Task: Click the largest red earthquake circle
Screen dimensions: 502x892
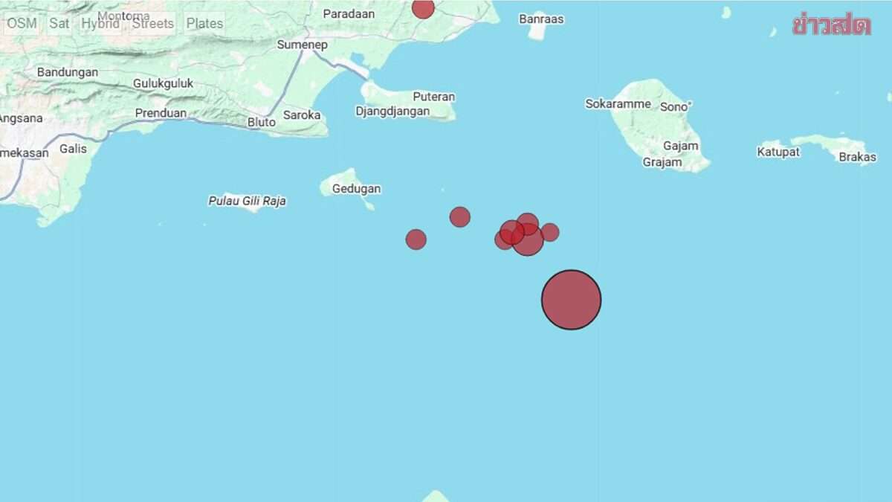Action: [x=571, y=300]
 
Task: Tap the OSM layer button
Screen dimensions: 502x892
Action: [x=22, y=23]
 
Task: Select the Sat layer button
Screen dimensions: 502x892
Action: [x=59, y=23]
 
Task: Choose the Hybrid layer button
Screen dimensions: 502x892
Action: [x=100, y=23]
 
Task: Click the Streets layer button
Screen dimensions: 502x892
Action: [x=152, y=23]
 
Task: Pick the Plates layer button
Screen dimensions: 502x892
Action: [x=204, y=23]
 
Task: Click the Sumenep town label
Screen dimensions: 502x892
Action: [x=302, y=45]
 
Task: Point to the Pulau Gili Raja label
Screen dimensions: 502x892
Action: [x=247, y=201]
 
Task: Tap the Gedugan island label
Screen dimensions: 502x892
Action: [x=356, y=189]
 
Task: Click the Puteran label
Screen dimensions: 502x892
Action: [x=434, y=97]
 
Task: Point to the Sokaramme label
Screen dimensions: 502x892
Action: [x=618, y=104]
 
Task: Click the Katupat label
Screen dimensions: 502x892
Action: [x=778, y=152]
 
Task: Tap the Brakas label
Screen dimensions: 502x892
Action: [x=857, y=157]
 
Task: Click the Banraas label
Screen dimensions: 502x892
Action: [x=541, y=19]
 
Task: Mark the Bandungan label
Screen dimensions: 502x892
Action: [x=68, y=72]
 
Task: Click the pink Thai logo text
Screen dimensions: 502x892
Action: [x=831, y=25]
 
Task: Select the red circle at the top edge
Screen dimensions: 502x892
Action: [x=423, y=7]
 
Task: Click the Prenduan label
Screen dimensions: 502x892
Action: [x=159, y=113]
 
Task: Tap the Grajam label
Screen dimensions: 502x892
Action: [x=662, y=162]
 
